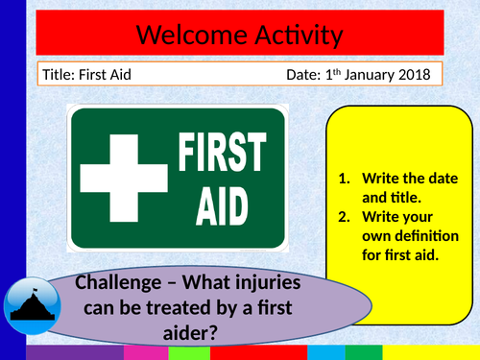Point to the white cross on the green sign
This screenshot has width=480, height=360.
tap(123, 180)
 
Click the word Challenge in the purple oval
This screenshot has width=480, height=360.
tap(119, 285)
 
